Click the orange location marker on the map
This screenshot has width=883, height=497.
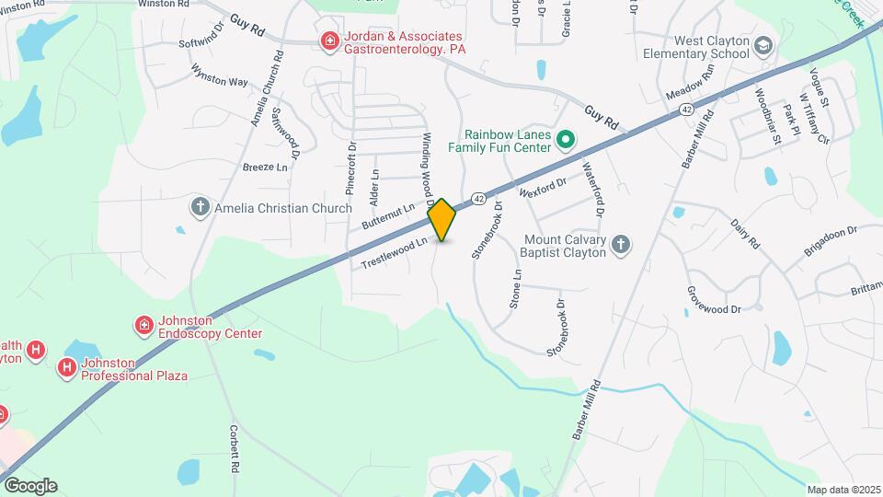[x=441, y=220]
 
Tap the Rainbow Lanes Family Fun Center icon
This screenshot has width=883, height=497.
[x=567, y=141]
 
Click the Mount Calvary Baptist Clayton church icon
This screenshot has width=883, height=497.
[x=621, y=244]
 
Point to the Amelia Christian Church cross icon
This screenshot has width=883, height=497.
[x=200, y=207]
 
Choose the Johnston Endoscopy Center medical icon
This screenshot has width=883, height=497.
[x=143, y=326]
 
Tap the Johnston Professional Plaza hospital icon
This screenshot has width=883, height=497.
[x=67, y=368]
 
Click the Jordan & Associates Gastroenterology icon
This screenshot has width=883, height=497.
[x=328, y=40]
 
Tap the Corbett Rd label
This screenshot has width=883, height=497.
[x=235, y=447]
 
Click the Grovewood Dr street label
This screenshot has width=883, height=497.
[x=713, y=298]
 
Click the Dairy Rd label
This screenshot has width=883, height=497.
[x=745, y=234]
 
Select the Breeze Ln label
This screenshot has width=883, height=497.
[x=265, y=168]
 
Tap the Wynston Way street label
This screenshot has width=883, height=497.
[x=219, y=75]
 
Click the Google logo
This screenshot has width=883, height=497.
[x=29, y=486]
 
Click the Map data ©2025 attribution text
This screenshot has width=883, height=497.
[x=843, y=490]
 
